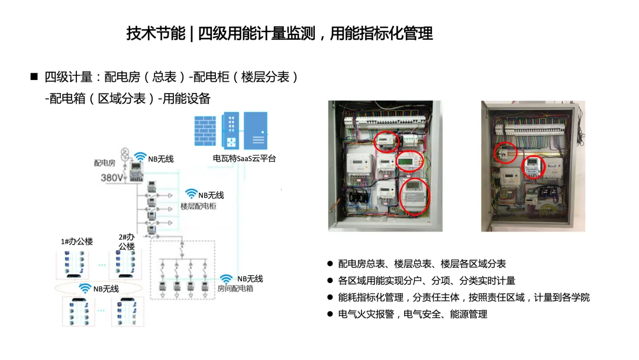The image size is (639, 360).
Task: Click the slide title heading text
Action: click(x=279, y=33)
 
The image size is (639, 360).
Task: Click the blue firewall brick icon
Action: click(x=205, y=131)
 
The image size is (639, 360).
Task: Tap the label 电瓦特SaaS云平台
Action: click(x=244, y=159)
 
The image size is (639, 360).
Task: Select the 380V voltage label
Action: click(x=112, y=178)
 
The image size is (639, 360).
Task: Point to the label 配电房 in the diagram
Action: click(x=105, y=163)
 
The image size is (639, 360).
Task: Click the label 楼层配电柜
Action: click(x=198, y=206)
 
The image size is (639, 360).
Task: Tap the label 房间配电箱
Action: click(x=235, y=289)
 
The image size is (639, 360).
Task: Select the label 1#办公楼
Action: click(x=77, y=242)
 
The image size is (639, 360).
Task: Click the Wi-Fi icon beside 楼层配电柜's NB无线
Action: click(x=191, y=194)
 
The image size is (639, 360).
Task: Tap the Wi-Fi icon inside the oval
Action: click(x=85, y=288)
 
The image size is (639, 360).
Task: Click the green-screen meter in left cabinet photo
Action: click(x=410, y=162)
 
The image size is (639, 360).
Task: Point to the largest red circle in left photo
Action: click(x=415, y=197)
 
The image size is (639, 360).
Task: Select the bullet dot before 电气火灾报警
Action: click(x=330, y=314)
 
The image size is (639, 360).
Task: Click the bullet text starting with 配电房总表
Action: click(x=422, y=263)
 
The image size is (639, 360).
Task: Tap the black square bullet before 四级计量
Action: click(x=34, y=76)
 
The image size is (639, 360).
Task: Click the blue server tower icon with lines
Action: click(x=256, y=131)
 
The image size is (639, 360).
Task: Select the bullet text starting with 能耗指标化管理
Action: click(x=464, y=298)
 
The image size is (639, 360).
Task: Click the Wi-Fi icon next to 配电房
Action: click(x=141, y=157)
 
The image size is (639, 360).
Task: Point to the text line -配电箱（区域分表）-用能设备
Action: click(x=128, y=98)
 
